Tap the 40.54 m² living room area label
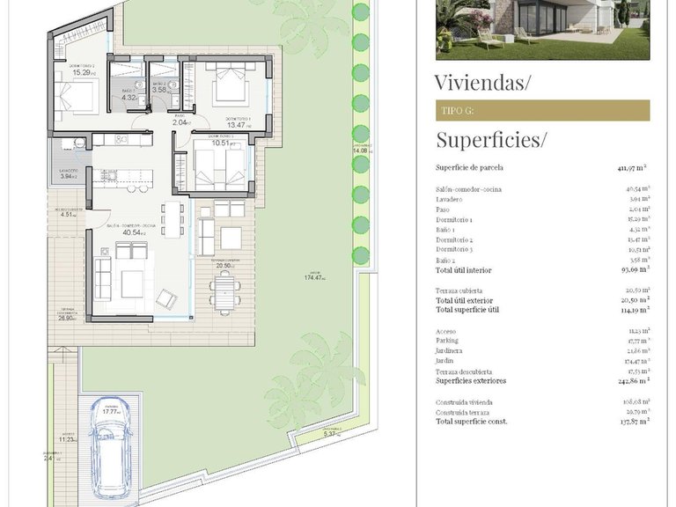point(133,232)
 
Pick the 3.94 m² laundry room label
point(69,176)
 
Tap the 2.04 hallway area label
point(180,122)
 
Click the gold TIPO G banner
point(542,110)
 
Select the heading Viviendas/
point(483,83)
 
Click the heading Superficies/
point(491,139)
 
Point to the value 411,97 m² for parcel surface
point(632,166)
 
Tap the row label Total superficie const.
point(471,421)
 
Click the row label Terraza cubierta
point(459,290)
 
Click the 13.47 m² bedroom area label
point(238,125)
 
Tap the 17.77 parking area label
point(111,410)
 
